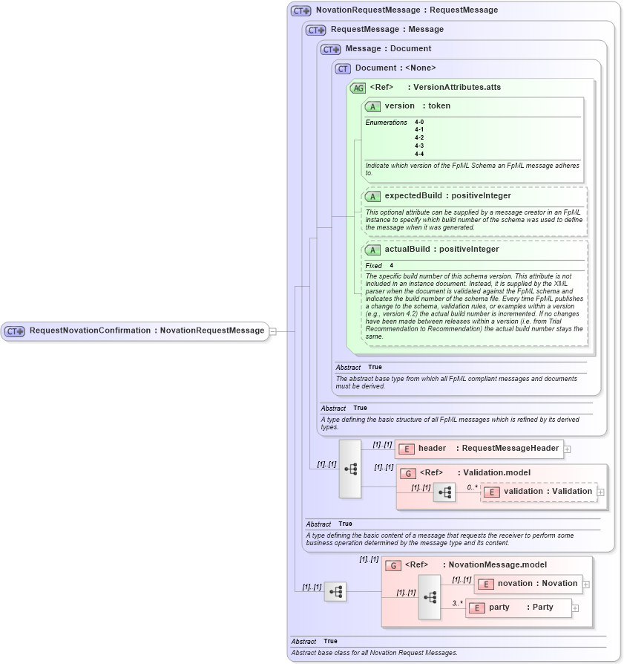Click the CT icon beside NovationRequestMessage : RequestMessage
point(300,10)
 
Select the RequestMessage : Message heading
point(387,30)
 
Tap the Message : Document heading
point(388,48)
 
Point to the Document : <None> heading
point(395,68)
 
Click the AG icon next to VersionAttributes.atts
point(358,88)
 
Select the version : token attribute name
point(417,106)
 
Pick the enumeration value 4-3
point(419,146)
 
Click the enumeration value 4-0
point(419,122)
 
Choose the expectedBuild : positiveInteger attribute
point(447,196)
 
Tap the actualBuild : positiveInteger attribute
point(441,250)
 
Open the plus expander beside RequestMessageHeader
point(568,449)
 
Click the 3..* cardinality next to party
point(457,603)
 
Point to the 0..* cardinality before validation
point(472,487)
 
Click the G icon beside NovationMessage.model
point(393,565)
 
